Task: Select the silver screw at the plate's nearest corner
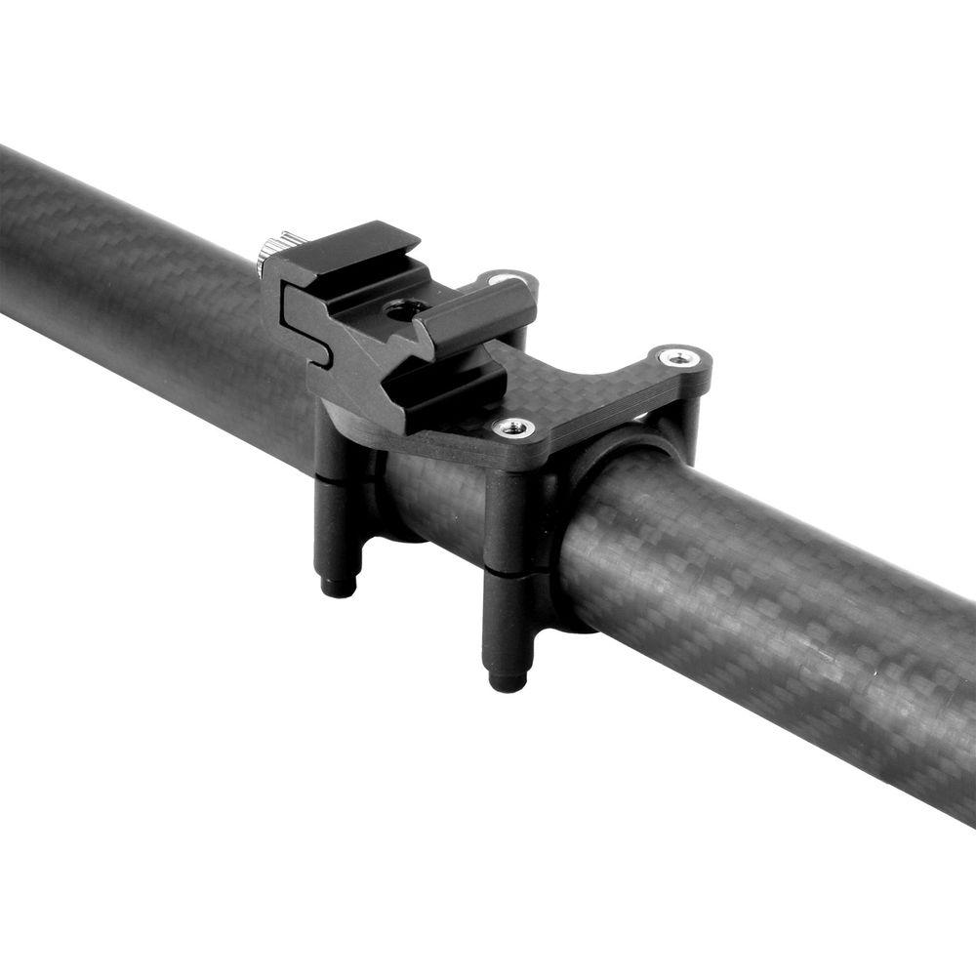(x=511, y=427)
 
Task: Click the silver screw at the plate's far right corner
(x=675, y=356)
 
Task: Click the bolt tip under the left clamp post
(x=338, y=586)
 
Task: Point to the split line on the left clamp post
(x=337, y=478)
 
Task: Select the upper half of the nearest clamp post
(x=510, y=517)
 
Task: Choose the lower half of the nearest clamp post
(x=509, y=620)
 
